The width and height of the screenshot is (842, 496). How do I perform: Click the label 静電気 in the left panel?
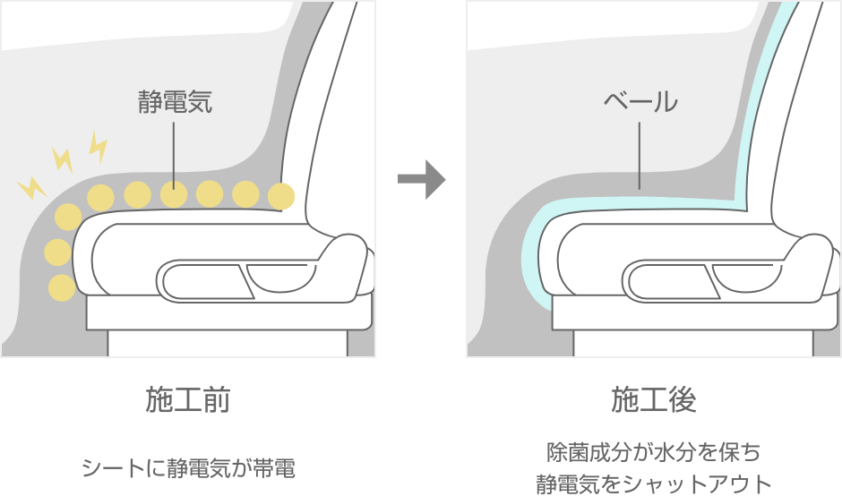pyautogui.click(x=175, y=101)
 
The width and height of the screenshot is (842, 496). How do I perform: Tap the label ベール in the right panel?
pyautogui.click(x=640, y=101)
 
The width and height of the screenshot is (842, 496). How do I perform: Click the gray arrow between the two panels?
pyautogui.click(x=421, y=179)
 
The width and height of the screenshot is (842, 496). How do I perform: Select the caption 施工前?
pyautogui.click(x=188, y=400)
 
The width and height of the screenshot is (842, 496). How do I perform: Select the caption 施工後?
pyautogui.click(x=654, y=400)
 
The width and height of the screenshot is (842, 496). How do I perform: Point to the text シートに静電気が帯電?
pyautogui.click(x=188, y=467)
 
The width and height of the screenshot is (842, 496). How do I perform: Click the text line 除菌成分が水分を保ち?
pyautogui.click(x=654, y=450)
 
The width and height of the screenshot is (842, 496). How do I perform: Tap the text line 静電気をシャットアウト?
pyautogui.click(x=654, y=483)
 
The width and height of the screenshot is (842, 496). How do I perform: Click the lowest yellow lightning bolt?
pyautogui.click(x=31, y=187)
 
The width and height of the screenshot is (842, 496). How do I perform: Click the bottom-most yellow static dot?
pyautogui.click(x=61, y=287)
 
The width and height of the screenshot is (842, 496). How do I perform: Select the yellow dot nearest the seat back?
pyautogui.click(x=281, y=194)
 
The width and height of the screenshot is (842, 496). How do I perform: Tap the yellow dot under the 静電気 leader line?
pyautogui.click(x=173, y=192)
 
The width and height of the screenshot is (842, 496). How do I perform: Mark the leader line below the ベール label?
pyautogui.click(x=640, y=154)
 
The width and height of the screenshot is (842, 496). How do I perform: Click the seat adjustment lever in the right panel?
pyautogui.click(x=672, y=279)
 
